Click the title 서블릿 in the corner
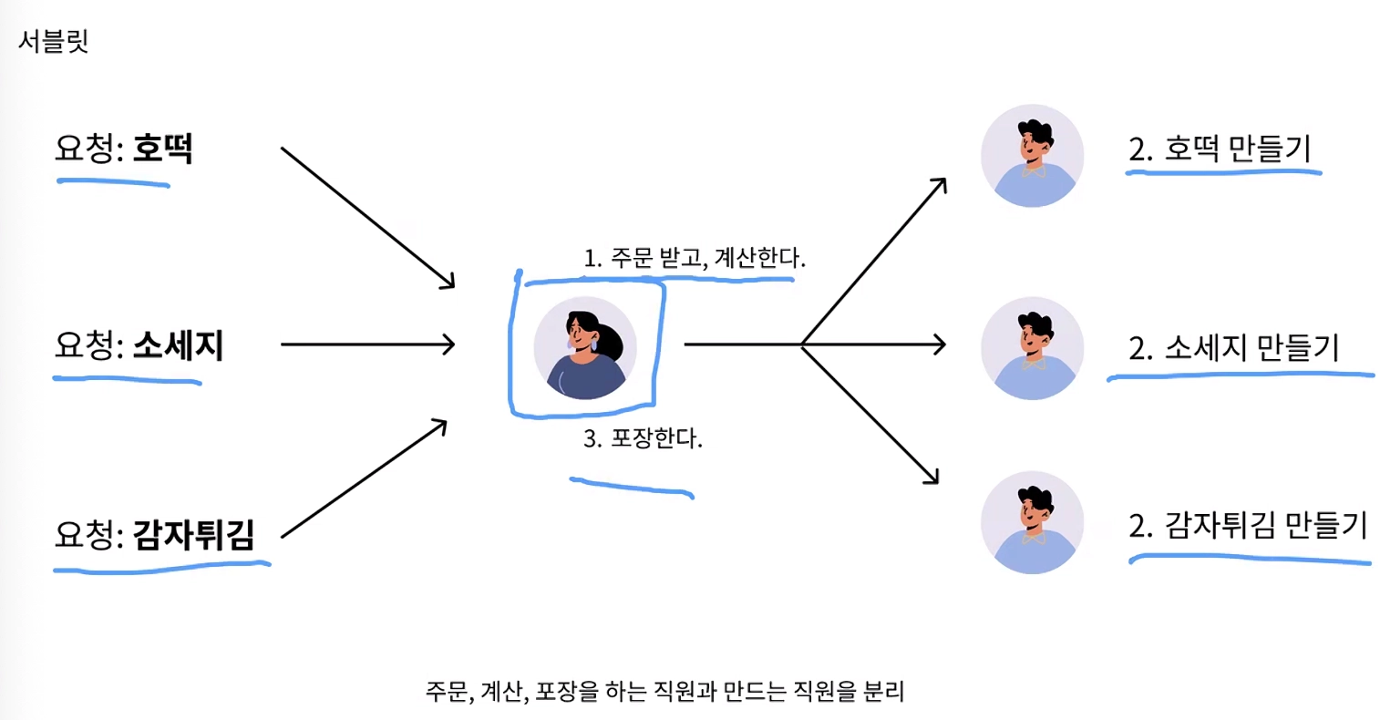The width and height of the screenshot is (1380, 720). point(54,41)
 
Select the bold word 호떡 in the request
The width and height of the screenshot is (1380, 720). point(162,149)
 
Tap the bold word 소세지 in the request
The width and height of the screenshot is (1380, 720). point(178,345)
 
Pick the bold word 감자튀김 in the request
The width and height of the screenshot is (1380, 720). point(193,534)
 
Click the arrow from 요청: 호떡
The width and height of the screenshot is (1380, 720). point(368,218)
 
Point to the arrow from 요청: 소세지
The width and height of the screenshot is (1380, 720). point(368,345)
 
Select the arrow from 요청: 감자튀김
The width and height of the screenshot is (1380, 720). point(364,478)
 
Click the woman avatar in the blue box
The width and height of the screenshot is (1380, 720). point(585,348)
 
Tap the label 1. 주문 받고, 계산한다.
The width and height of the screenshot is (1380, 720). point(695,257)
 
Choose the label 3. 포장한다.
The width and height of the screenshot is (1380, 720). point(643,438)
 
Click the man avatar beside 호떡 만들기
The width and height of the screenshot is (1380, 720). point(1033,156)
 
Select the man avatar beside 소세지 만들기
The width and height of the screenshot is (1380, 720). point(1033,348)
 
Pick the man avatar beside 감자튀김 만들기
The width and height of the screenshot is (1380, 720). point(1033,523)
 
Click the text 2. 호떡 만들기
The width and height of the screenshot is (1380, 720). point(1220,149)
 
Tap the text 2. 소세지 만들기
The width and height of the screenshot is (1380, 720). point(1234,347)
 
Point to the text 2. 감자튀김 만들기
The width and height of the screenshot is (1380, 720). point(1248,525)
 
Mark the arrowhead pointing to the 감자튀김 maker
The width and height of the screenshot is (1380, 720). point(932,478)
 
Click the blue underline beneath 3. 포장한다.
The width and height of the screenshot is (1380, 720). point(632,487)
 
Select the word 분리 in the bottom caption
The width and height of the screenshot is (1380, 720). point(883,691)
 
